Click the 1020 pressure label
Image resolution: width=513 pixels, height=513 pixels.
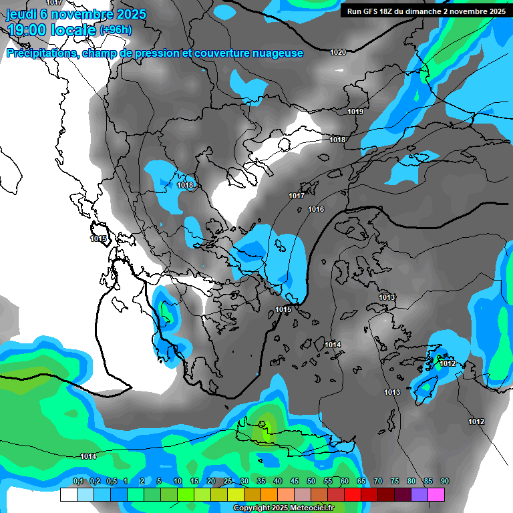(338, 52)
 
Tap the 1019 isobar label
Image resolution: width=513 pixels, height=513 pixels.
(355, 112)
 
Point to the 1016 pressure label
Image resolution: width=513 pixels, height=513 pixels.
(316, 210)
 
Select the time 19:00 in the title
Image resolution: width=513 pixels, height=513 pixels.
(30, 30)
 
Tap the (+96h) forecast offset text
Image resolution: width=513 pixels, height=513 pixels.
(116, 30)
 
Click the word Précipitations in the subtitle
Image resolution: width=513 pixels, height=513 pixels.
(42, 53)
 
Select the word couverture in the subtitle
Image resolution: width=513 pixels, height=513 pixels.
(218, 53)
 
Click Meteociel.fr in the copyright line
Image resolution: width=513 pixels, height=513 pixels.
(317, 508)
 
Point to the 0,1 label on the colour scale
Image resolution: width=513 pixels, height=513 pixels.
(77, 481)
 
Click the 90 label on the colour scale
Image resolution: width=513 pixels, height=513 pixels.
(444, 481)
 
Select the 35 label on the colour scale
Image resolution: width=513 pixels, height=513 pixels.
(261, 481)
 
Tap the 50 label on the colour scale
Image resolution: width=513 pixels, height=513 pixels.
(311, 481)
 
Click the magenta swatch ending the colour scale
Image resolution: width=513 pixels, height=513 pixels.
(436, 494)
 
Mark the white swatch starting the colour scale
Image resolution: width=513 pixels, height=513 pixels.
(68, 494)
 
